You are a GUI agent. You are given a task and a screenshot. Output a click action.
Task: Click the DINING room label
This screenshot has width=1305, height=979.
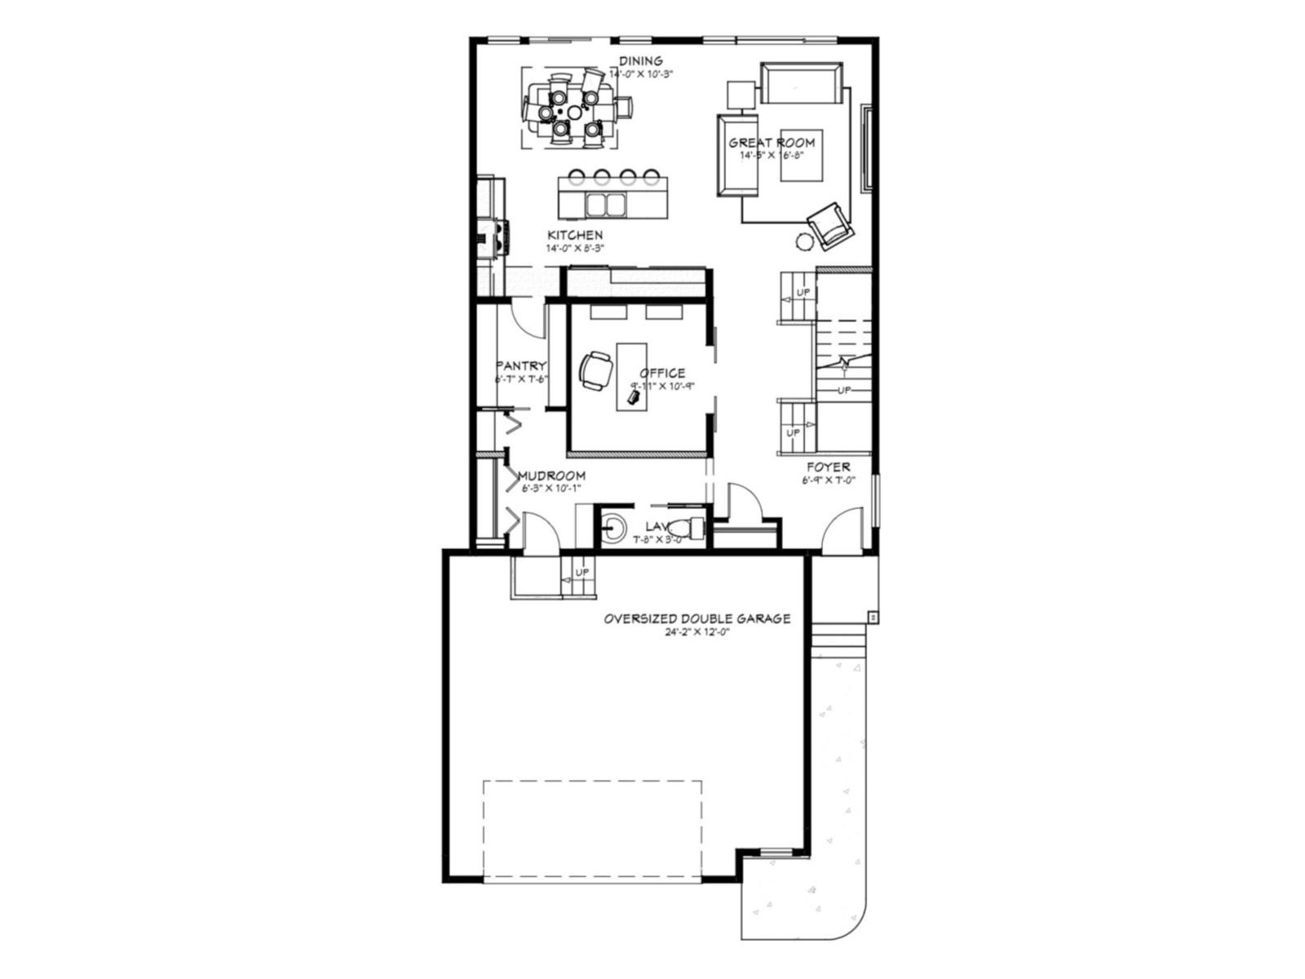coord(640,61)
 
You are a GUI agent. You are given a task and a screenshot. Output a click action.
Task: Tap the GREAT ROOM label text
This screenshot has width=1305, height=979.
coord(772,143)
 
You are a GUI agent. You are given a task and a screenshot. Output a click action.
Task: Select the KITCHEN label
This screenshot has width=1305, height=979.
coord(575,235)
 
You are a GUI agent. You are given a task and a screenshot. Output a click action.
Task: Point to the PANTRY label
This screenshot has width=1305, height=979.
coord(521,366)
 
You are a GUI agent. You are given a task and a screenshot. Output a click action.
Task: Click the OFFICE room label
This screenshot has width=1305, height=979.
coord(662,374)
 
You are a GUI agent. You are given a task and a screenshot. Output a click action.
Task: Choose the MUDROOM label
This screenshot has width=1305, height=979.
coord(551,476)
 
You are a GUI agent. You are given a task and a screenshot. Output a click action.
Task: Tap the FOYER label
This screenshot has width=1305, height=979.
coord(828,467)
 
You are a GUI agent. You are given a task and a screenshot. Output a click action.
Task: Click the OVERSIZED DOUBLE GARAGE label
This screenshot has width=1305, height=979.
coord(697,618)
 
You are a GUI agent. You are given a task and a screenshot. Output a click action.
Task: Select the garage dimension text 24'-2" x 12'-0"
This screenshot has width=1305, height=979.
coord(697,631)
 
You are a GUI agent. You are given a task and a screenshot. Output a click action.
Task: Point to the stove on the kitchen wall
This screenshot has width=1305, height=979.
coord(493,239)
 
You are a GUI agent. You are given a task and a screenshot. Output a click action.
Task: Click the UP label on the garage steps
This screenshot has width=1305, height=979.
coord(582,574)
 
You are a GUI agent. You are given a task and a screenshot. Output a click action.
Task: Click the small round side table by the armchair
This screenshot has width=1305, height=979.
coord(805,241)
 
